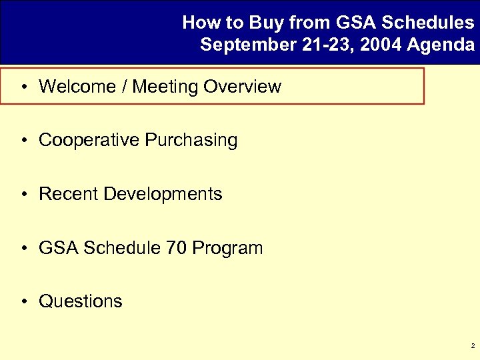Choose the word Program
tap(227, 249)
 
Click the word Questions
tap(81, 301)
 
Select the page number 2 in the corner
tap(472, 346)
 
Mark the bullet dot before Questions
tap(23, 301)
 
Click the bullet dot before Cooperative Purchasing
tap(23, 141)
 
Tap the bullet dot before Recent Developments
tap(23, 194)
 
